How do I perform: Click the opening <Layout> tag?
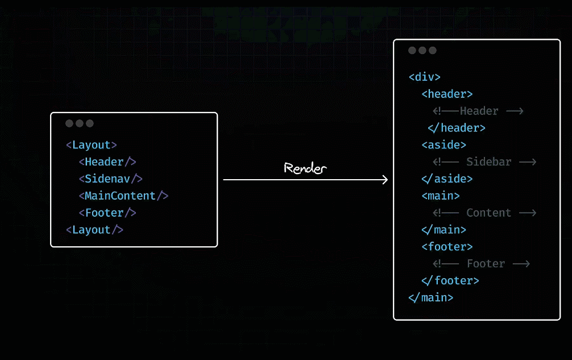pos(92,145)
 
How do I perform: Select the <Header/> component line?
pos(107,162)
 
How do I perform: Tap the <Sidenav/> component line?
pos(110,179)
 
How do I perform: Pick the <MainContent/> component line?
pos(123,196)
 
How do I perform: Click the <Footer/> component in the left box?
pos(107,213)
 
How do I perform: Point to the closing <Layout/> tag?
pos(94,230)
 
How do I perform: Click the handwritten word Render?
pos(306,168)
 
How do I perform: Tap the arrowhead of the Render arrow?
pos(385,180)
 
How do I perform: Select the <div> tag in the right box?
pos(425,77)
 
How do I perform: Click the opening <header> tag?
pos(447,94)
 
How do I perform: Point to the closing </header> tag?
pos(457,128)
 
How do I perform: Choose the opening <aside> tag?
pos(443,145)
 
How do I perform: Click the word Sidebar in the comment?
pos(489,162)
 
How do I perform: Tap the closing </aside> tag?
pos(447,179)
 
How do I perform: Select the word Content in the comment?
pos(489,213)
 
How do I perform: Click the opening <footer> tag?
pos(447,247)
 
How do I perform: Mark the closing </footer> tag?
pos(450,281)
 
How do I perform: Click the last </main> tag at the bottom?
pos(431,297)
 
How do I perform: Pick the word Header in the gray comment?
pos(479,111)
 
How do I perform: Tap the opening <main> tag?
pos(441,196)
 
